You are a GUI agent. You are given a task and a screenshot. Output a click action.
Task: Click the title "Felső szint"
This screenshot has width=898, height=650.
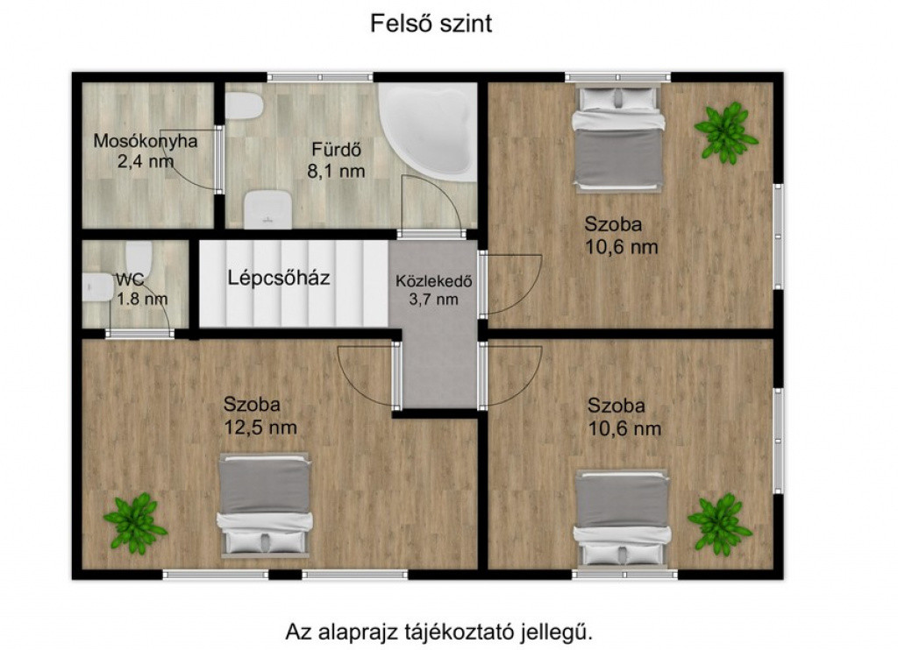tap(431, 24)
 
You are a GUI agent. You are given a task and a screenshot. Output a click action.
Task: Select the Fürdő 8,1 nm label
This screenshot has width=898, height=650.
tap(336, 160)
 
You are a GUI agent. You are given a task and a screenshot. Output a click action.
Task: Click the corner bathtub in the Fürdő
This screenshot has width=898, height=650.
tap(428, 131)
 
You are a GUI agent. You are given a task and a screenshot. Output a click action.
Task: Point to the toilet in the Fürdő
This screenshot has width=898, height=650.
tap(244, 106)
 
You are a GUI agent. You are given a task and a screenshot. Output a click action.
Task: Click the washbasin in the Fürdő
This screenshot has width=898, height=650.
tap(267, 209)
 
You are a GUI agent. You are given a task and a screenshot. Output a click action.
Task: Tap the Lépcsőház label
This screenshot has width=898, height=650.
tap(278, 278)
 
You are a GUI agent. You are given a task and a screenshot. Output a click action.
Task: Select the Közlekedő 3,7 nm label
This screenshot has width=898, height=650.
tap(433, 290)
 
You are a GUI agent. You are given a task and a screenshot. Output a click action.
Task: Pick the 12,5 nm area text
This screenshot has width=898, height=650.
tap(260, 427)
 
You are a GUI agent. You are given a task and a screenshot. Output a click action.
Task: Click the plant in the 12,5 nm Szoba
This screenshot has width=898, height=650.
tap(135, 524)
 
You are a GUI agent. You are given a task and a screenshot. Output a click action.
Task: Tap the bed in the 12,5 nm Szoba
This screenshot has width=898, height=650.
tap(265, 505)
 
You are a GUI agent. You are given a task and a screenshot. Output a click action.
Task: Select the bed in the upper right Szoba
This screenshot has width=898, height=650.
tap(619, 138)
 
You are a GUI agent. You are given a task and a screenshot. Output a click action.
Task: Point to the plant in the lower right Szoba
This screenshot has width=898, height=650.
tap(720, 525)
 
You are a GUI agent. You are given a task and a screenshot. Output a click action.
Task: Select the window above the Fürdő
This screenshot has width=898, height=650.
tap(319, 77)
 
